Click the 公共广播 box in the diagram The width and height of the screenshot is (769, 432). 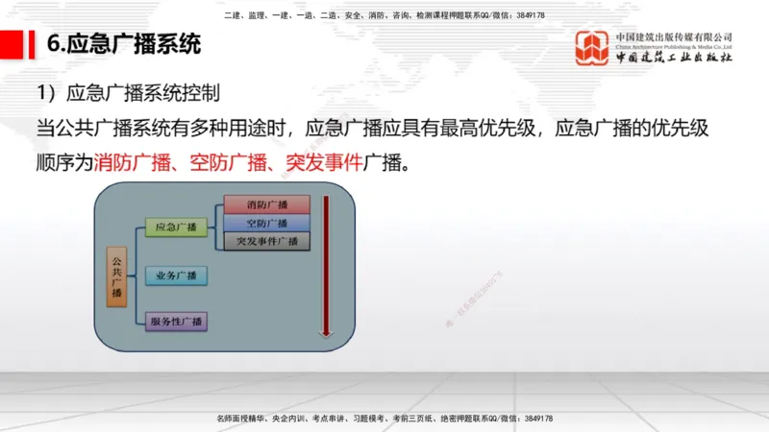click(116, 275)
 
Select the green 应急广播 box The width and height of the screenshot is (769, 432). click(176, 228)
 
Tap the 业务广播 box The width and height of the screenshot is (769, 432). click(176, 276)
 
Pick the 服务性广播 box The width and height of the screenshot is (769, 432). click(176, 320)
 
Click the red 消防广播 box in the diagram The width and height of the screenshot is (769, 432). click(267, 204)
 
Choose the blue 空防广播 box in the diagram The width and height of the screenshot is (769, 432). click(267, 223)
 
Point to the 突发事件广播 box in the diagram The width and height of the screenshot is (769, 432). click(267, 241)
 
